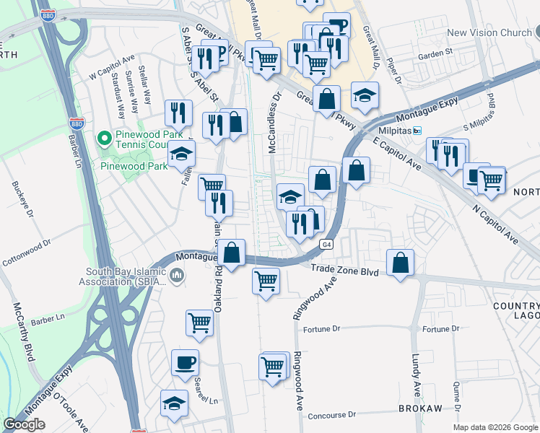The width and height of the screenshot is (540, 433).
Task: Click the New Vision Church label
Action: pyautogui.click(x=489, y=32)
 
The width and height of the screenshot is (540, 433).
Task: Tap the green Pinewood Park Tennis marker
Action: pyautogui.click(x=105, y=137)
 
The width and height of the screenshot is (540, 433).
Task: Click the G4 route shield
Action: pyautogui.click(x=327, y=244)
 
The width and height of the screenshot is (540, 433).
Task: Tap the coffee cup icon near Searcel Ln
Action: pyautogui.click(x=185, y=362)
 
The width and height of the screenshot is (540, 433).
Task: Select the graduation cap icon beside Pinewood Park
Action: pyautogui.click(x=181, y=154)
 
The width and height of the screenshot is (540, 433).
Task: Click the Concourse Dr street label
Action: pyautogui.click(x=332, y=415)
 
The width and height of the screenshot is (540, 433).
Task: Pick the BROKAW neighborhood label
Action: pyautogui.click(x=419, y=408)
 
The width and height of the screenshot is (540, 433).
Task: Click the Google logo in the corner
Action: pyautogui.click(x=24, y=424)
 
